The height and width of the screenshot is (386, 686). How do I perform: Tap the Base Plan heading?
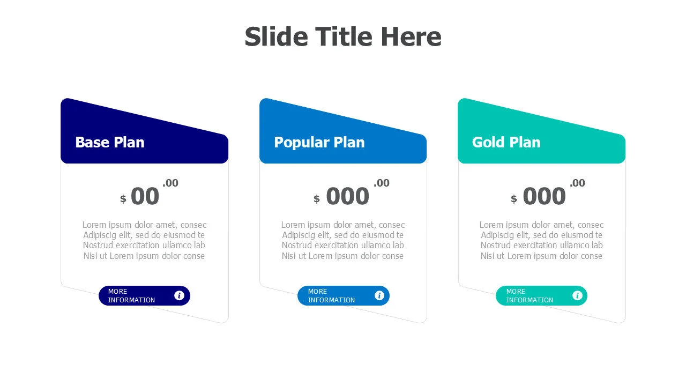click(x=110, y=142)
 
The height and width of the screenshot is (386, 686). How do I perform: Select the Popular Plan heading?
click(x=319, y=143)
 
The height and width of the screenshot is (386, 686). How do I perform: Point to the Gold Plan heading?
click(x=506, y=142)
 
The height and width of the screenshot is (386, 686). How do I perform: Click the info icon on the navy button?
click(x=179, y=295)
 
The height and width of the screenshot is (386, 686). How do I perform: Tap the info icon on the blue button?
click(x=379, y=295)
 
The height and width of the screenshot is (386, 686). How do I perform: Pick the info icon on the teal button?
click(x=577, y=295)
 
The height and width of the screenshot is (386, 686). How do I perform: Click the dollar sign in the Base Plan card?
click(x=123, y=199)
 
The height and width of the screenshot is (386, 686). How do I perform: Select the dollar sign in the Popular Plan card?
click(x=317, y=199)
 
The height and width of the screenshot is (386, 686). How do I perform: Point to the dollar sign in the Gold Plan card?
click(x=514, y=199)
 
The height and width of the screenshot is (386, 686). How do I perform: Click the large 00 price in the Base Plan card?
click(x=145, y=196)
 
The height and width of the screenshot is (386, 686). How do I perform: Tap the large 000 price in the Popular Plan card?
click(x=348, y=196)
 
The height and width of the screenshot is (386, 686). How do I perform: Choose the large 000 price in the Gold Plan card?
click(x=544, y=196)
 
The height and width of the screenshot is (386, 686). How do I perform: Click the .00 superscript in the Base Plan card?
click(x=170, y=183)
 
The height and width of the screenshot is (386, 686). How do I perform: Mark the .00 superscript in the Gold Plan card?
click(x=577, y=183)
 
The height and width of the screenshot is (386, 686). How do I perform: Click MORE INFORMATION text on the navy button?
click(x=131, y=295)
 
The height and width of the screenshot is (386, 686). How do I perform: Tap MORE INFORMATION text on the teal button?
click(x=530, y=295)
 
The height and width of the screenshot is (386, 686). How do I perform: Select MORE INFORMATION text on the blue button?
click(x=331, y=295)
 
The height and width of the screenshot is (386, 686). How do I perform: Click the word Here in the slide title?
click(x=411, y=36)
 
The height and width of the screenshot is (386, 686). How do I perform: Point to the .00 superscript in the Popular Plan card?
click(x=382, y=183)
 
